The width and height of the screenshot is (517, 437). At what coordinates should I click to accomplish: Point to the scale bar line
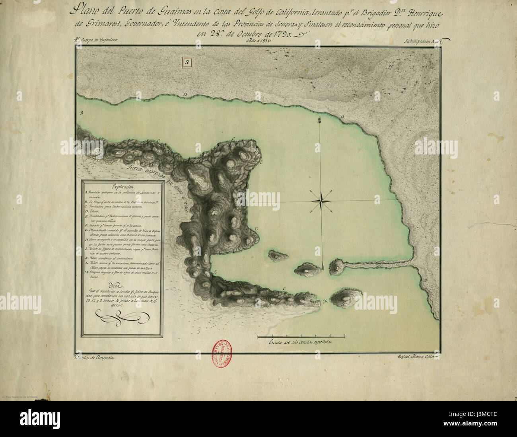pos(301,333)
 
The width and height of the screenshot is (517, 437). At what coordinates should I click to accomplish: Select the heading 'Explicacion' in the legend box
pos(124,185)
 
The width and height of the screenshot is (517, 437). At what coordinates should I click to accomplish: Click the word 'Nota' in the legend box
pos(121,286)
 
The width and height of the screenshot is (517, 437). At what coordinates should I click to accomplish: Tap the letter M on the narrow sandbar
pos(379,264)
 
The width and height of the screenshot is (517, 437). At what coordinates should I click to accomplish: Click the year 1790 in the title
pos(281,33)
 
